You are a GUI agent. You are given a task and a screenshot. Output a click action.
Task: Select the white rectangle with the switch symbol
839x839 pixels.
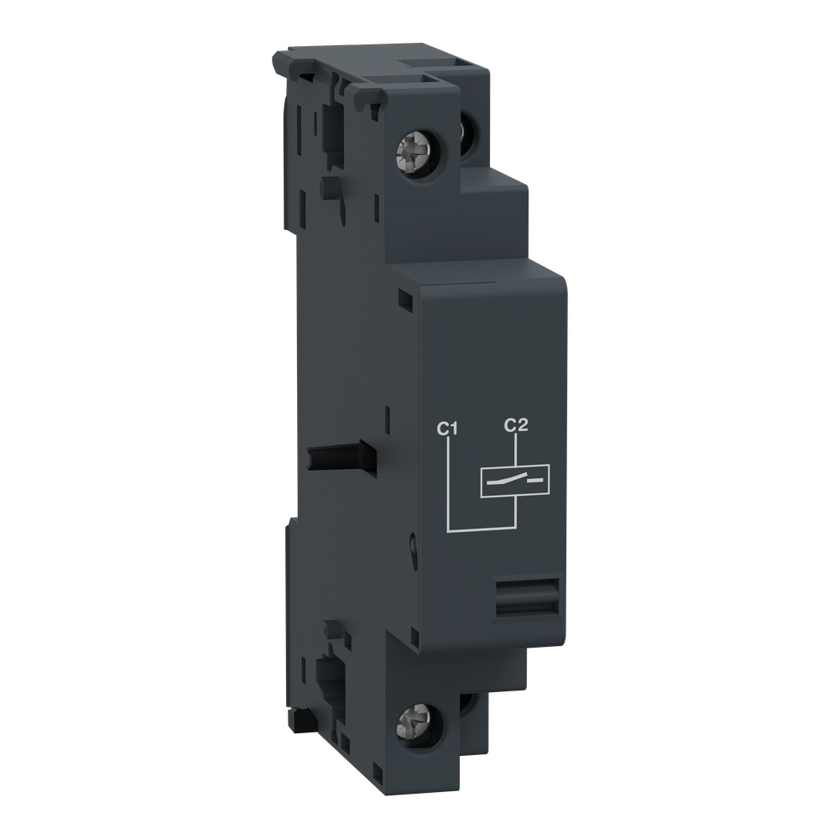click(x=513, y=481)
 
